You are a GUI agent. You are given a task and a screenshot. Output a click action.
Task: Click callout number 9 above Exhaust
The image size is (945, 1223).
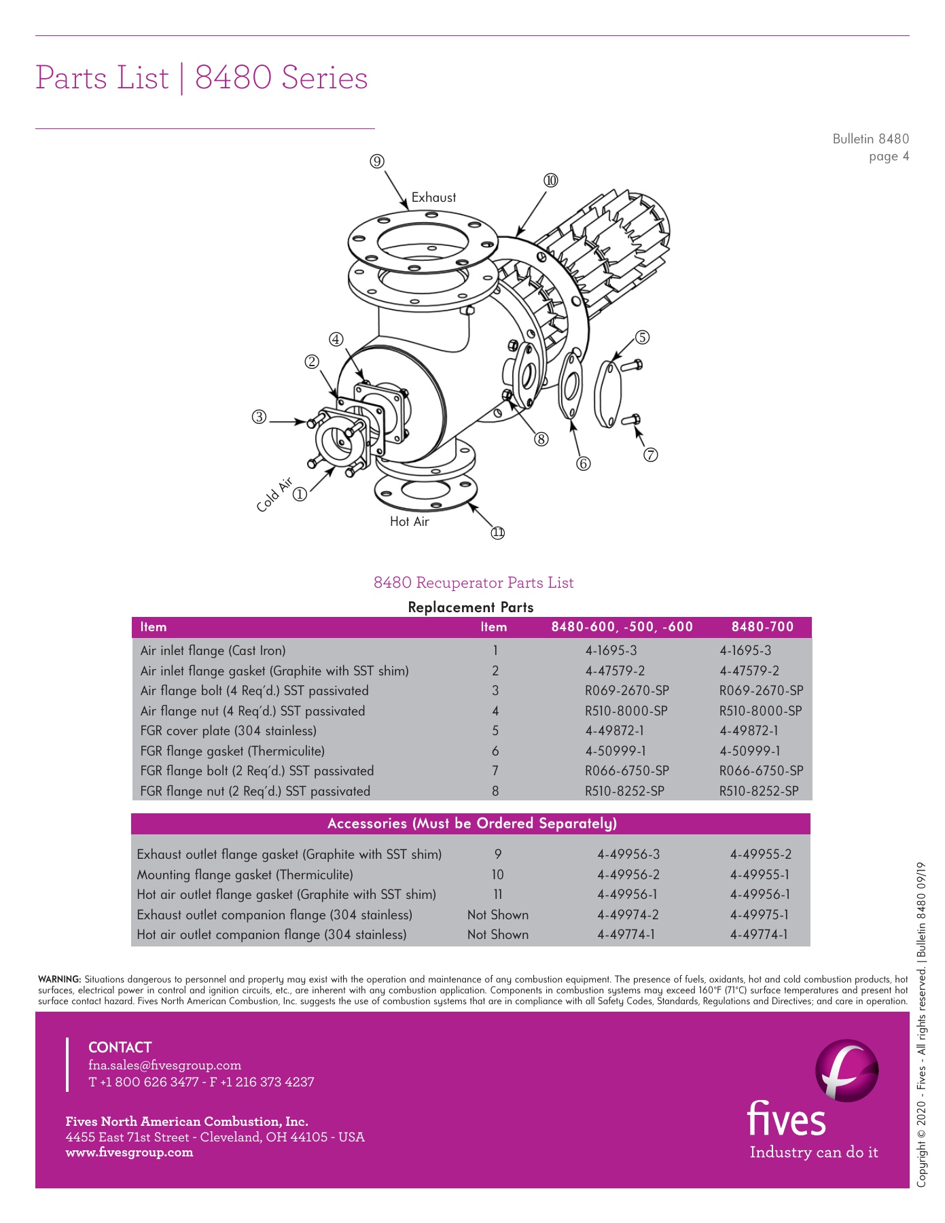[377, 161]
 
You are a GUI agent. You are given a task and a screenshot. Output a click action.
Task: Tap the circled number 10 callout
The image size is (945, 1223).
[550, 180]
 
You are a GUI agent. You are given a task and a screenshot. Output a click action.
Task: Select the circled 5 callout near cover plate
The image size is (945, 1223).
[642, 338]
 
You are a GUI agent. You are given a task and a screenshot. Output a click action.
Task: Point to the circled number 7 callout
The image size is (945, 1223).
[651, 455]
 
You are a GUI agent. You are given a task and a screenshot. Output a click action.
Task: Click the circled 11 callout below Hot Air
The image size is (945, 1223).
[498, 533]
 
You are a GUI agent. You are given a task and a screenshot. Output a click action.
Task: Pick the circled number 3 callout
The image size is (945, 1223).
[259, 416]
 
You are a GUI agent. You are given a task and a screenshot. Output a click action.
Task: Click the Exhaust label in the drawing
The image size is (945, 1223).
[433, 198]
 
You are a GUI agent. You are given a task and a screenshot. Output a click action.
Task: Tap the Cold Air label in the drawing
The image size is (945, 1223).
[274, 495]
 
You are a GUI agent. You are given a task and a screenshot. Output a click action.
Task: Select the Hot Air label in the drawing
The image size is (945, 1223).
[409, 522]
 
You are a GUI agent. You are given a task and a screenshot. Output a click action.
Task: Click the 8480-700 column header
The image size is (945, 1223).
[762, 626]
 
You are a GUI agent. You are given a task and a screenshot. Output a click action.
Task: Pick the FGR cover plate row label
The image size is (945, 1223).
[228, 731]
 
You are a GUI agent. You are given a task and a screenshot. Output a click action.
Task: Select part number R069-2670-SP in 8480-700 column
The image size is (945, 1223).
[761, 691]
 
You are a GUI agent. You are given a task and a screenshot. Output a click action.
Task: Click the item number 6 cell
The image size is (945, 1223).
[495, 751]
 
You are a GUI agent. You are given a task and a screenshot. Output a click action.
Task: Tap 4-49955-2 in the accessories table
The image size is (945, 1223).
[760, 855]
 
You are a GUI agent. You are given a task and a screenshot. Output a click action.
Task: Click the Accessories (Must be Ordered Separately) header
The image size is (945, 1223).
[471, 823]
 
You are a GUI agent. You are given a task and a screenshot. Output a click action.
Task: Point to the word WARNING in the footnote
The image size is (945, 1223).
[60, 980]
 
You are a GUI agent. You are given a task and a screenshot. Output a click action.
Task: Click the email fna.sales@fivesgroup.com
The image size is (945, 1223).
[164, 1065]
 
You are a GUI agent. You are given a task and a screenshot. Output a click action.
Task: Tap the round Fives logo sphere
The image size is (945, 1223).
[846, 1071]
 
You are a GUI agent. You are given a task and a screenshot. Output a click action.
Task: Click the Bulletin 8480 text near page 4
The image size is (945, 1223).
[870, 139]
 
